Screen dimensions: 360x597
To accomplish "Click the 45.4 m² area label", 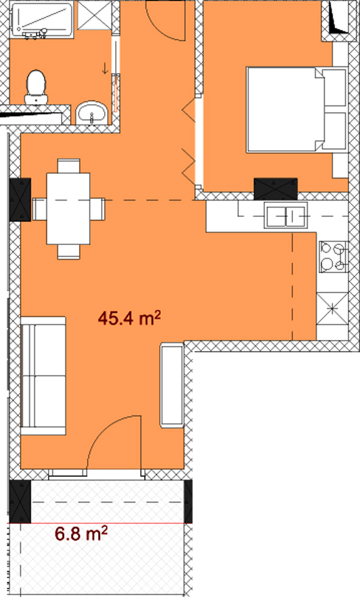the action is (x=129, y=317).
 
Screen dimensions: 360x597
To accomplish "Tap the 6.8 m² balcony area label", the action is (x=81, y=533).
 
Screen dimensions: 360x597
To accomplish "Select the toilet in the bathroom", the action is (x=36, y=87).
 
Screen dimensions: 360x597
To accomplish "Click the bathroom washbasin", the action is (x=92, y=113).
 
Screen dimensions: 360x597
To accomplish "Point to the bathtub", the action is (x=42, y=19).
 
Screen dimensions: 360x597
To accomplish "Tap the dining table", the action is (x=68, y=208).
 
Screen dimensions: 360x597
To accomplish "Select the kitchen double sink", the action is (x=286, y=216).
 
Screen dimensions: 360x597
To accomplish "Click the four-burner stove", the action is (x=333, y=256).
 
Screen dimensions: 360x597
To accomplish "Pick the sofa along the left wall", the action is (x=43, y=375).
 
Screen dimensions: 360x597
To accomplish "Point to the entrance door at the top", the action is (x=166, y=19).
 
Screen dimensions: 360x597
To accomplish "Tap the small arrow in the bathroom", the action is (x=105, y=68).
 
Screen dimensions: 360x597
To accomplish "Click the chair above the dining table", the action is (x=69, y=166).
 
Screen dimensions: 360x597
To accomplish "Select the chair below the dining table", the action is (x=69, y=252).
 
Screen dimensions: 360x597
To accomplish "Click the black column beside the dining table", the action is (x=19, y=200).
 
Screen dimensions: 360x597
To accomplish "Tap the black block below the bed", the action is (x=275, y=189).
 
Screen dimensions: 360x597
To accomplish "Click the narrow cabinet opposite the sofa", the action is (x=172, y=385).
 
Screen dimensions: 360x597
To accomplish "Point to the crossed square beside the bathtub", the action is (x=95, y=15).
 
